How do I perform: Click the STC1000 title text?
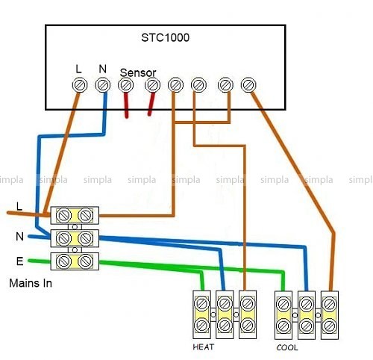(x=165, y=37)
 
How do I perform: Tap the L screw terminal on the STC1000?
(x=80, y=85)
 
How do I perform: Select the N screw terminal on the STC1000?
(x=102, y=85)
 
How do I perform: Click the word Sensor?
(x=138, y=72)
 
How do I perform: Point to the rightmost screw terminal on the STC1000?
(x=248, y=85)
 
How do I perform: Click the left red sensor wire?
(x=126, y=105)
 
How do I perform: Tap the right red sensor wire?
(x=151, y=103)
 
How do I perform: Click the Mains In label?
(x=31, y=283)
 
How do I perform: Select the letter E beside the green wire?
(x=19, y=261)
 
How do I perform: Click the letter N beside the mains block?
(x=19, y=236)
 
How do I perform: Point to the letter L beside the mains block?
(x=19, y=206)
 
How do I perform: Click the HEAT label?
(x=203, y=347)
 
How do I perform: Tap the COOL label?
(x=287, y=347)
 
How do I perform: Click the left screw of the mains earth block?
(x=64, y=261)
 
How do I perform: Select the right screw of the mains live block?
(x=86, y=215)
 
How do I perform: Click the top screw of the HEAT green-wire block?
(x=201, y=304)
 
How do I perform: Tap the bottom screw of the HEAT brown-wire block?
(x=248, y=326)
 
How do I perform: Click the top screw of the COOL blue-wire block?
(x=307, y=304)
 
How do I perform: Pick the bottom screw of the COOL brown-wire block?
(x=330, y=326)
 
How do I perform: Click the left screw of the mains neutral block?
(x=64, y=238)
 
